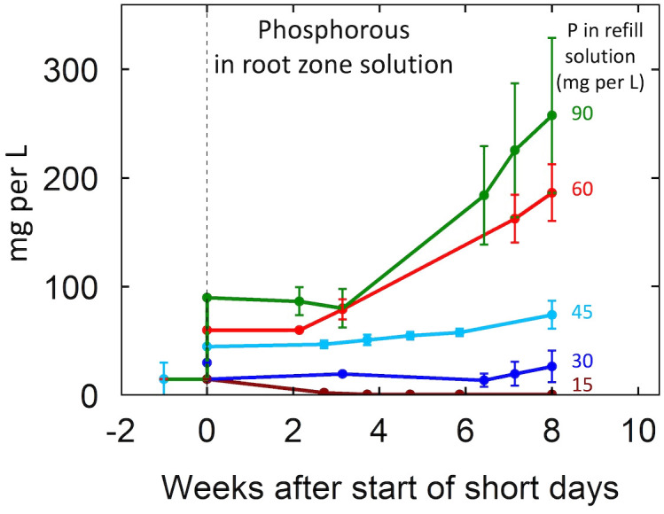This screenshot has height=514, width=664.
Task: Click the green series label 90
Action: (x=582, y=114)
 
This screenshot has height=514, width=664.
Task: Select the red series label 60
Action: (x=582, y=189)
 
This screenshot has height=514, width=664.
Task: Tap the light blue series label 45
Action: (x=582, y=313)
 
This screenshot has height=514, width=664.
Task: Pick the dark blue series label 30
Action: (x=582, y=361)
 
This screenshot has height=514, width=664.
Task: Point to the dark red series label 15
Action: (x=582, y=385)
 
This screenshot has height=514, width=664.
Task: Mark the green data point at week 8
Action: (x=551, y=115)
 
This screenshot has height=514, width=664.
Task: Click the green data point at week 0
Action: (x=207, y=298)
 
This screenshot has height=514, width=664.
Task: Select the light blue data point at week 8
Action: (x=551, y=315)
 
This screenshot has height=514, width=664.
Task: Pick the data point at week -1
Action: (x=163, y=378)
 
